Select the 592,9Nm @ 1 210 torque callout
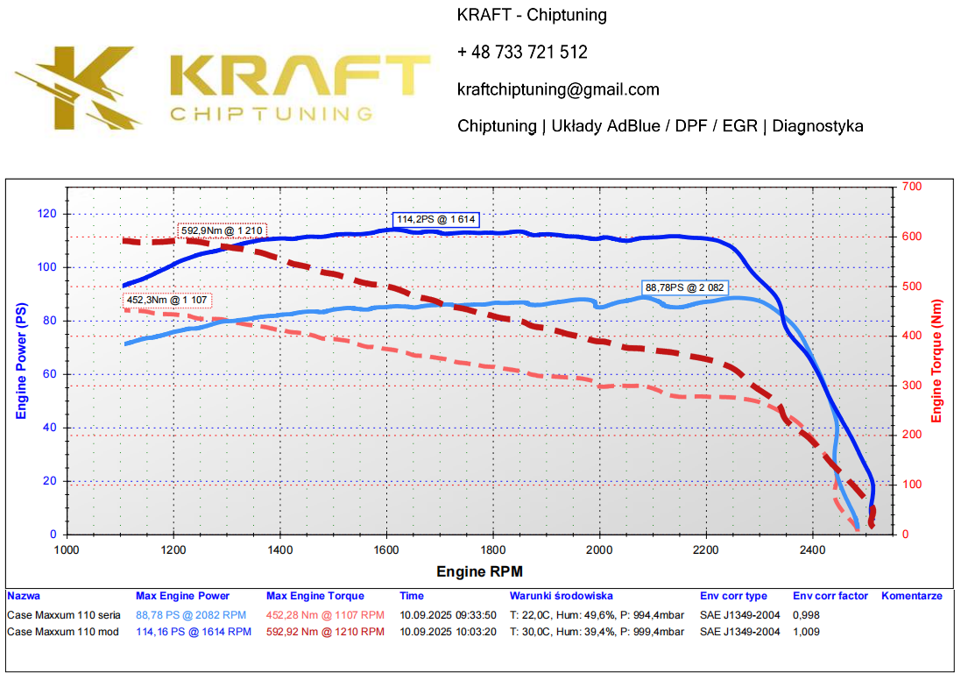pyautogui.click(x=223, y=230)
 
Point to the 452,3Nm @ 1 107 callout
pyautogui.click(x=167, y=300)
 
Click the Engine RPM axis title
pyautogui.click(x=479, y=571)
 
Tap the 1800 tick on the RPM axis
pyautogui.click(x=492, y=550)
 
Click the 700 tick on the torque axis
pyautogui.click(x=912, y=187)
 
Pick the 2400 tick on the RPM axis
pyautogui.click(x=812, y=550)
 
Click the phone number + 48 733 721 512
pyautogui.click(x=522, y=53)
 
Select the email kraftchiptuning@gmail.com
pyautogui.click(x=558, y=89)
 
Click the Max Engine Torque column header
pyautogui.click(x=315, y=596)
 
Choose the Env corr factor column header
pyautogui.click(x=830, y=596)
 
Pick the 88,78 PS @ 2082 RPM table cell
pyautogui.click(x=192, y=614)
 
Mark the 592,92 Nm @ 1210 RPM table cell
pyautogui.click(x=325, y=631)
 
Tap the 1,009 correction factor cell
pyautogui.click(x=806, y=631)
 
